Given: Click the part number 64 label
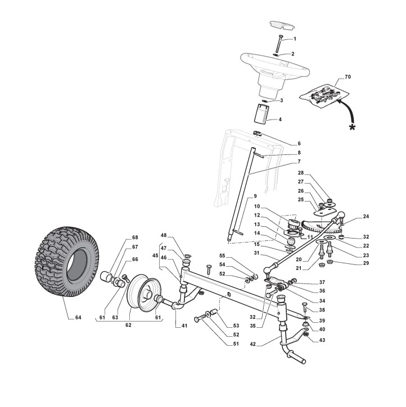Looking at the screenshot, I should [x=78, y=318].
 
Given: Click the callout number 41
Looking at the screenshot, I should [x=184, y=326].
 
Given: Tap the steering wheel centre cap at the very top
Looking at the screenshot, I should [x=279, y=24].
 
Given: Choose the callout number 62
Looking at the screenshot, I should [x=130, y=326].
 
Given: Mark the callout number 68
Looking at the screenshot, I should [x=135, y=237].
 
